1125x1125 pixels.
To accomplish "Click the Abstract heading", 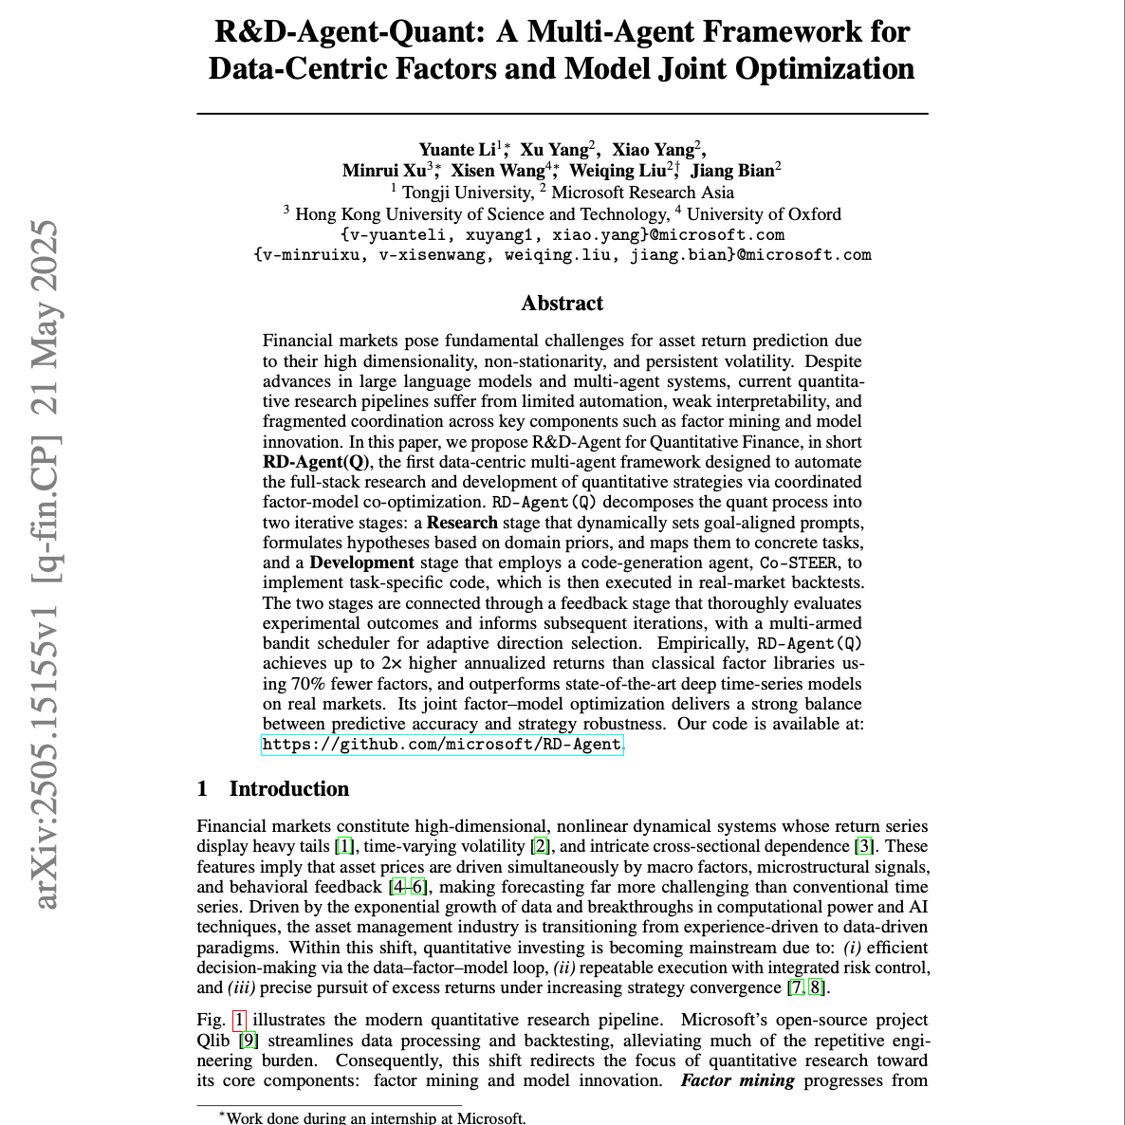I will click(x=562, y=304).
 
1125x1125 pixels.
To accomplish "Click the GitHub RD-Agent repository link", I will click(x=442, y=745).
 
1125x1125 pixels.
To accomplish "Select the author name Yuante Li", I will click(x=458, y=150).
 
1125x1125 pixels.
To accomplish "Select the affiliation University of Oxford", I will click(x=764, y=214).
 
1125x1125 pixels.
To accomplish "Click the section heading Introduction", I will click(x=288, y=789).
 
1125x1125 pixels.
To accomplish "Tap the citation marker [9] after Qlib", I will click(x=248, y=1041).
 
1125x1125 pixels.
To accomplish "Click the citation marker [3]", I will click(x=864, y=846).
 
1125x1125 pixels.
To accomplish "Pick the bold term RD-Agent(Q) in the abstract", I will click(x=316, y=462).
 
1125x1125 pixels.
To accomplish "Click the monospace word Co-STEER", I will click(x=798, y=563).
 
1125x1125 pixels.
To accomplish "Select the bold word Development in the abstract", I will click(x=361, y=562).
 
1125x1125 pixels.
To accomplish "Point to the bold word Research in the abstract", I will click(x=462, y=523).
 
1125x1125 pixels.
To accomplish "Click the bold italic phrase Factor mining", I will click(x=737, y=1080).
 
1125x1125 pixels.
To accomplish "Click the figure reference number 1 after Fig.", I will click(x=239, y=1021).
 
